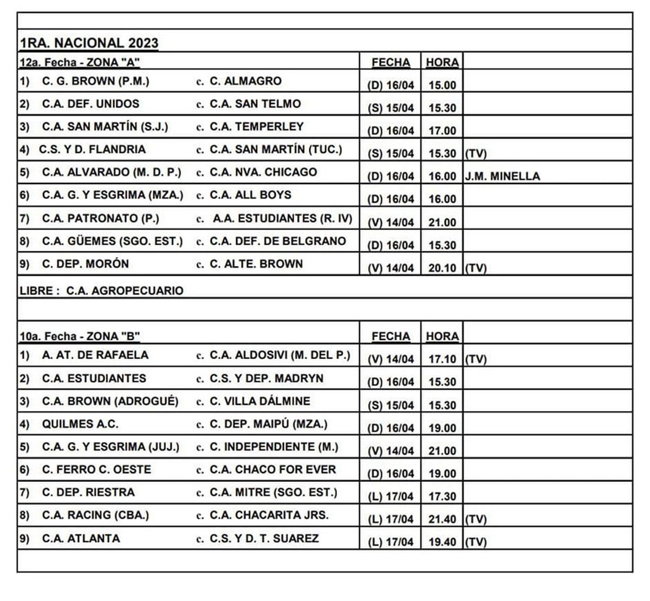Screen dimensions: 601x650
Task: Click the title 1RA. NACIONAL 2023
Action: point(89,43)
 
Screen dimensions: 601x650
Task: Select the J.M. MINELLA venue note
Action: point(502,177)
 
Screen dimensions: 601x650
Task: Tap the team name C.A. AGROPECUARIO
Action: point(125,290)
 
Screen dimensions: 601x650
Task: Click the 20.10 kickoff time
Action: point(442,268)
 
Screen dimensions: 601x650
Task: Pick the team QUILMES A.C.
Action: point(80,424)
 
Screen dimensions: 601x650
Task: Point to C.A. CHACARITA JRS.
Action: point(269,515)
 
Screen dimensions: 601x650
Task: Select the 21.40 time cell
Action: point(442,519)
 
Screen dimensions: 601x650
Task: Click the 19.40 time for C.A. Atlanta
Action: point(442,542)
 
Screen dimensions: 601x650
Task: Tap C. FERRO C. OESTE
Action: point(96,469)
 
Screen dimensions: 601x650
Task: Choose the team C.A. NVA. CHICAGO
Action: point(263,172)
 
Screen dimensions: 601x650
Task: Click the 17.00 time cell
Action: point(442,130)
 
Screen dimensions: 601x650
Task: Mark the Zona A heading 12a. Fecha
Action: point(80,62)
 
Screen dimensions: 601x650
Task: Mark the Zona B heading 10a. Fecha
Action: point(80,336)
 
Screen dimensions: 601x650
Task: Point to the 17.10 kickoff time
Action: point(442,359)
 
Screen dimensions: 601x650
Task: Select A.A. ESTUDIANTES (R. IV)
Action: point(282,218)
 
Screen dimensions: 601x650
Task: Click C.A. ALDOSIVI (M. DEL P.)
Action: point(280,355)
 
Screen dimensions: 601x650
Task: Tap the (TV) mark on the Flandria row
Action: point(476,154)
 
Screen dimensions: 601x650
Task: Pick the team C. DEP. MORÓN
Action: point(86,264)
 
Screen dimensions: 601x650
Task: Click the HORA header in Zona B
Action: point(442,336)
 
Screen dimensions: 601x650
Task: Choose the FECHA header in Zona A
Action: point(391,62)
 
